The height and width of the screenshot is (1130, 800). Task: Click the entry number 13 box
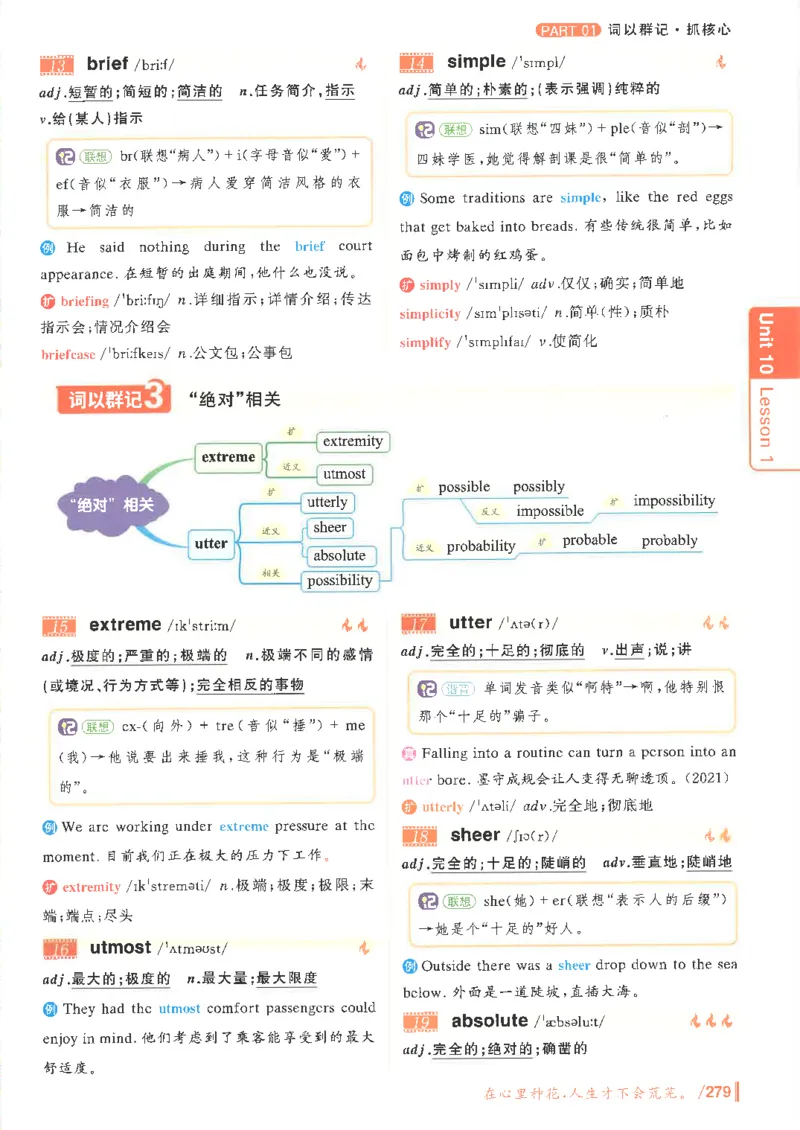(x=58, y=66)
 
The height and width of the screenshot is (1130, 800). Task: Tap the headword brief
(x=108, y=64)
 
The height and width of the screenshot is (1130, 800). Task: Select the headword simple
(x=476, y=61)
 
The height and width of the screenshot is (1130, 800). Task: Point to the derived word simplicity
(x=430, y=314)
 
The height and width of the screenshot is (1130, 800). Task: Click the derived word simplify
(x=425, y=342)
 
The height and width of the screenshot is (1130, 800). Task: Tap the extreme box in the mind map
(x=228, y=457)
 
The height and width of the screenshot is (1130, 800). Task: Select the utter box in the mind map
(x=210, y=544)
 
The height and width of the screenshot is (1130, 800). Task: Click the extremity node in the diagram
(x=352, y=441)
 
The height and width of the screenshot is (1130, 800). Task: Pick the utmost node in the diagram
(x=344, y=474)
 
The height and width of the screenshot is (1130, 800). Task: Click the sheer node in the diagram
(x=329, y=528)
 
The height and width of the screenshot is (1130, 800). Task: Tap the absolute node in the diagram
(x=339, y=555)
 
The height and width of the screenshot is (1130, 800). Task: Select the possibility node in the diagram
(x=339, y=580)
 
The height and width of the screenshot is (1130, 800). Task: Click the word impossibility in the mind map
(x=674, y=500)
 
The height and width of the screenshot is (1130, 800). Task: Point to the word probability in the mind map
(x=481, y=546)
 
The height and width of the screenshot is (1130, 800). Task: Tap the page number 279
(x=718, y=1092)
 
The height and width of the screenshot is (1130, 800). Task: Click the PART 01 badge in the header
(x=567, y=29)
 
